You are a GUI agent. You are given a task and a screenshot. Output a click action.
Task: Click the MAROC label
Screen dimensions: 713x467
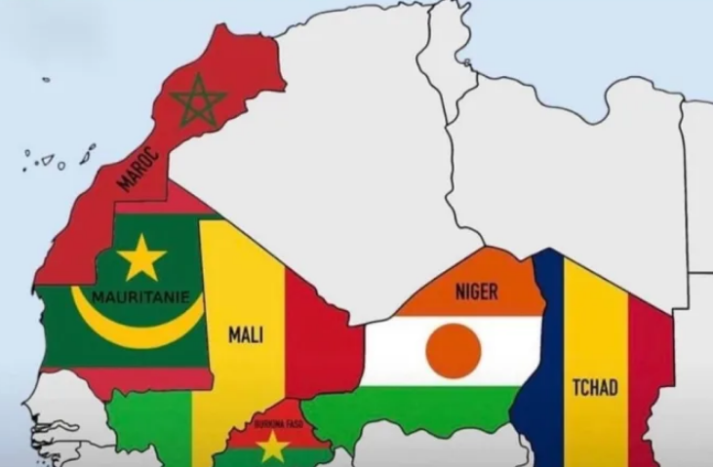click(138, 168)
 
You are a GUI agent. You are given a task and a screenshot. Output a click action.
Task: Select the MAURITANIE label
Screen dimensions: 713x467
click(141, 296)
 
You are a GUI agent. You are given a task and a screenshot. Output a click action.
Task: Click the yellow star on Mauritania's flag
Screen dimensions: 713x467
click(142, 257)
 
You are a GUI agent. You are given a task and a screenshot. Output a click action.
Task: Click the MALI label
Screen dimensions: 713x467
click(246, 334)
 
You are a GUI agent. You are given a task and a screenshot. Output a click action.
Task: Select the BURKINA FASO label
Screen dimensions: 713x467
click(272, 423)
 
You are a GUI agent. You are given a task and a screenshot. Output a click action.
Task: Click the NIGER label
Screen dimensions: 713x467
click(476, 291)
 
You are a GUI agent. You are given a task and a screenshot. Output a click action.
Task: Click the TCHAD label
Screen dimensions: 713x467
click(594, 387)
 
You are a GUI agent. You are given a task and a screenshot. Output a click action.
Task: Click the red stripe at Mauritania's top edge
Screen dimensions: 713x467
click(166, 200)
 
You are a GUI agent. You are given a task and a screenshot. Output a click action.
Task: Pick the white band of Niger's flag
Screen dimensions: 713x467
click(390, 351)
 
